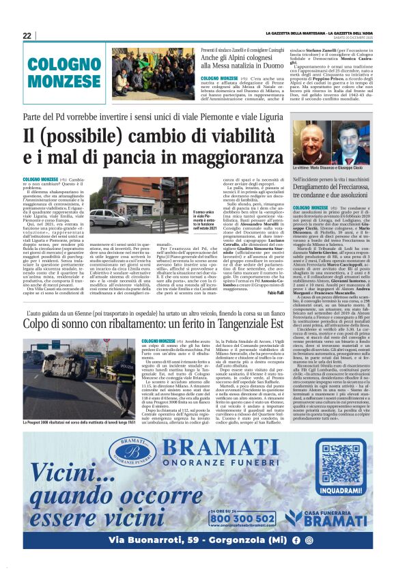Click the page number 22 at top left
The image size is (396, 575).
pyautogui.click(x=27, y=36)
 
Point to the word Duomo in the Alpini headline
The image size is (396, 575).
pyautogui.click(x=251, y=68)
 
